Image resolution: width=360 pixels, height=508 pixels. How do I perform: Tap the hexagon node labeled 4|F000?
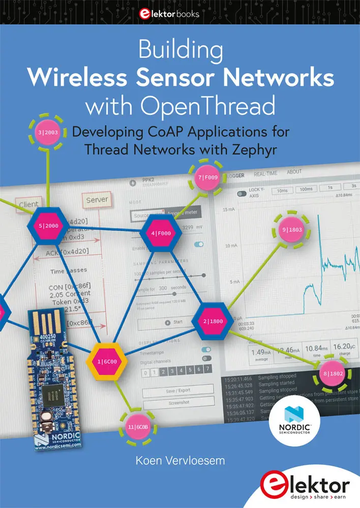click(160, 234)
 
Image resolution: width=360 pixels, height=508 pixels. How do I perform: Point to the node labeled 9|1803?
click(292, 230)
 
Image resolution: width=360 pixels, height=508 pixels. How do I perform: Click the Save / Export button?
click(177, 390)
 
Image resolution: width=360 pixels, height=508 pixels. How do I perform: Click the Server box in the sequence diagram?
click(97, 200)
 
